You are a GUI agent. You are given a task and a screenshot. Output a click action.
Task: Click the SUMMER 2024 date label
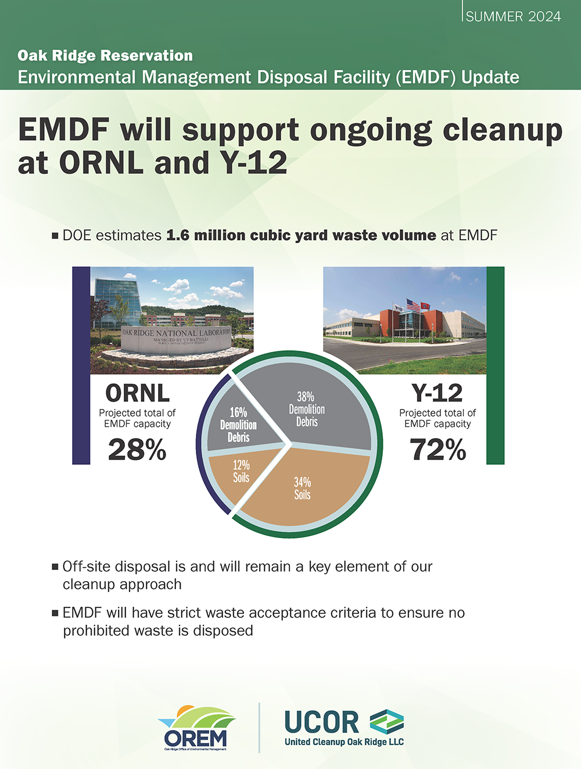pyautogui.click(x=513, y=16)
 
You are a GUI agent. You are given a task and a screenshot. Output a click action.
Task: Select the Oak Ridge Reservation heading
pyautogui.click(x=105, y=56)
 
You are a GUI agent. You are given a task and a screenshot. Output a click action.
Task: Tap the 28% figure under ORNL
pyautogui.click(x=137, y=450)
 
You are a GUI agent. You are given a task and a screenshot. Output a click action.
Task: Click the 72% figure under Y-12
pyautogui.click(x=437, y=450)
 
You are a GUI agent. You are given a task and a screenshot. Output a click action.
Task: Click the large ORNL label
pyautogui.click(x=137, y=393)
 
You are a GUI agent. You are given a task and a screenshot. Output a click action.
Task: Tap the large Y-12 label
pyautogui.click(x=437, y=393)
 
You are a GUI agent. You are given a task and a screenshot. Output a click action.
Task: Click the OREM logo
pyautogui.click(x=196, y=728)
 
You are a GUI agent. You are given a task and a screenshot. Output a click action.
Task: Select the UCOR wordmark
pyautogui.click(x=322, y=722)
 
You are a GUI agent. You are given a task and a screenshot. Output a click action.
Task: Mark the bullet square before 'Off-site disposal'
pyautogui.click(x=55, y=567)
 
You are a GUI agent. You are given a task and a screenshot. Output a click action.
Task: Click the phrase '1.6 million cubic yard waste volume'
pyautogui.click(x=301, y=236)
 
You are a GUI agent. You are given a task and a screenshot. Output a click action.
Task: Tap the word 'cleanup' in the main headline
pyautogui.click(x=503, y=130)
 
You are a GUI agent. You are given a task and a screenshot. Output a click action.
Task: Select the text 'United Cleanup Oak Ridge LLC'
pyautogui.click(x=344, y=742)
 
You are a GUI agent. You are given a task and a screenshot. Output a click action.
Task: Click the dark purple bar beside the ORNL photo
pyautogui.click(x=81, y=365)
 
